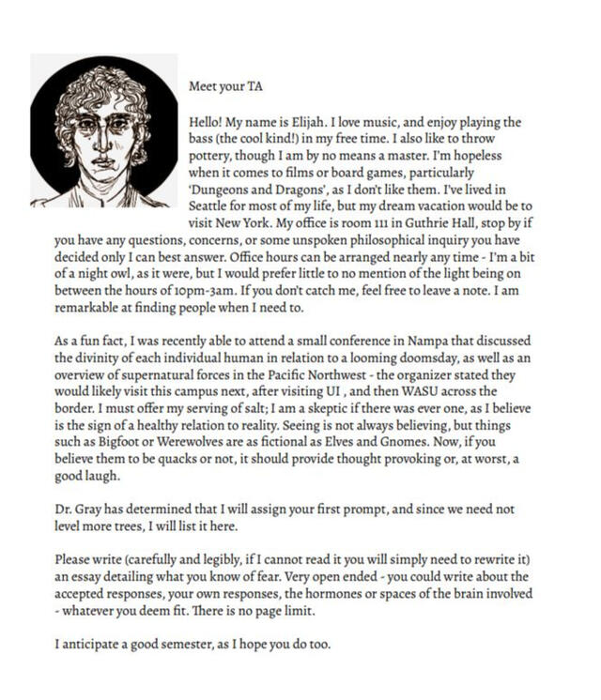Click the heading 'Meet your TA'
click(226, 86)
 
